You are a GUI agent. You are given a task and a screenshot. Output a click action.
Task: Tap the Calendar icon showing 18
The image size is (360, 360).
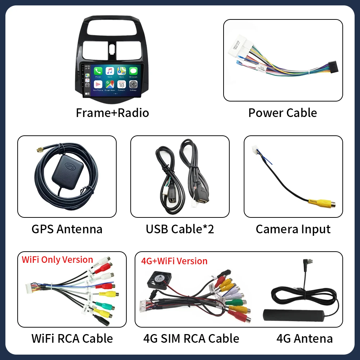122,84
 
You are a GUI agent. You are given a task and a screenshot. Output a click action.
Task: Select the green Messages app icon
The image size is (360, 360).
133,71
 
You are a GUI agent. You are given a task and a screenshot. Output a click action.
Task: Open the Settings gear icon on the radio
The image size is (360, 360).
133,84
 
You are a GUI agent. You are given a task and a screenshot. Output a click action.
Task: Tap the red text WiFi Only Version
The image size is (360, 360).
58,260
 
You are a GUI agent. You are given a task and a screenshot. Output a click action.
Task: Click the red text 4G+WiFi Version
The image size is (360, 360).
175,261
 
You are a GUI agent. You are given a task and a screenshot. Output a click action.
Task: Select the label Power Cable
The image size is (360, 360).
283,113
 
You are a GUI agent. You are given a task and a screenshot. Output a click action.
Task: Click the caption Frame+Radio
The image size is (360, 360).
112,113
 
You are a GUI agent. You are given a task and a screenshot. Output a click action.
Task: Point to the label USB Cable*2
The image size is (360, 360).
180,229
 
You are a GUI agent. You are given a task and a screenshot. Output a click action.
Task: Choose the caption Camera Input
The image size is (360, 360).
293,229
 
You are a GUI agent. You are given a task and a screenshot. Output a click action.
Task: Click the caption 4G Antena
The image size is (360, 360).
305,338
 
